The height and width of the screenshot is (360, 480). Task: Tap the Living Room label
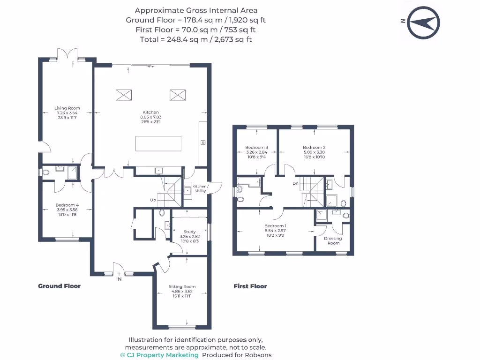click(67, 108)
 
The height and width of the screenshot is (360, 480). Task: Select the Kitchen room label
click(151, 112)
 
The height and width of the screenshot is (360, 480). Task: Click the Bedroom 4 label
click(67, 205)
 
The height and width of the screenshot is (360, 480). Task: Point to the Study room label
click(189, 232)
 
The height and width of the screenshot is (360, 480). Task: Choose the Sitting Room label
click(182, 286)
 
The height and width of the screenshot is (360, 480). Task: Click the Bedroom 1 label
click(275, 226)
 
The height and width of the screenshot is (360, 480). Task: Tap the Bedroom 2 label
click(314, 148)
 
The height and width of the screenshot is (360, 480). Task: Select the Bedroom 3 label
click(256, 148)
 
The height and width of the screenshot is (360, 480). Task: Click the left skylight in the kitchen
click(124, 95)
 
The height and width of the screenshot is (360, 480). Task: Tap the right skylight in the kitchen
click(178, 95)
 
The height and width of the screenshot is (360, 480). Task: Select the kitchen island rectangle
click(158, 143)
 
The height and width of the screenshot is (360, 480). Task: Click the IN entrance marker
click(119, 279)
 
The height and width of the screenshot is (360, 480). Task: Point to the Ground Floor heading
click(59, 286)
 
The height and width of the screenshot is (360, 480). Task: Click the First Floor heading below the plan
click(250, 286)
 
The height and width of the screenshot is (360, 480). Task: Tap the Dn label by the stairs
click(295, 183)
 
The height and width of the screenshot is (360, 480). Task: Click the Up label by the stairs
click(153, 200)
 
